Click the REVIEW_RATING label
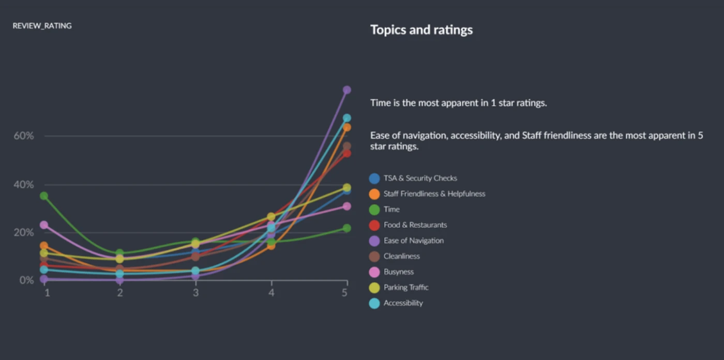tap(42, 26)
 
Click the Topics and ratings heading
tap(421, 30)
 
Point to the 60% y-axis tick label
tap(24, 136)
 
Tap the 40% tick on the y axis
tap(24, 185)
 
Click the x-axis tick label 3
tap(195, 293)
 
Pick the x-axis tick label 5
tap(344, 293)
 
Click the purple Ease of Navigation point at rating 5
tap(346, 90)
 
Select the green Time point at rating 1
tap(44, 196)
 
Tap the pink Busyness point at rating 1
tap(44, 225)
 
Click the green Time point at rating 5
tap(346, 228)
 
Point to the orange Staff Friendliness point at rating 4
tap(271, 246)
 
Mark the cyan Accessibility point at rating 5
tap(346, 118)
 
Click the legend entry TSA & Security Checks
tap(420, 178)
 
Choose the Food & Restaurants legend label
tap(415, 225)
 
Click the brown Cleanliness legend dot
tap(374, 257)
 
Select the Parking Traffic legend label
tap(405, 288)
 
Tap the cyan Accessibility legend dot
tap(374, 303)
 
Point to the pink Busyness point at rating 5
tap(346, 206)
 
